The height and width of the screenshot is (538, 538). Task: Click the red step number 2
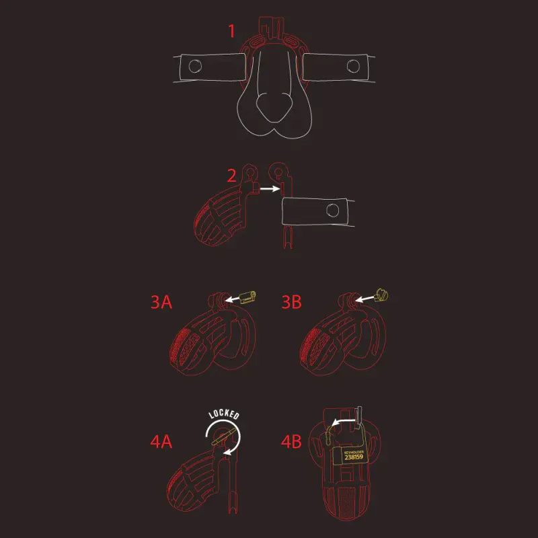[x=231, y=176]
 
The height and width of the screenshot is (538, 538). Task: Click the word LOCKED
[x=224, y=414]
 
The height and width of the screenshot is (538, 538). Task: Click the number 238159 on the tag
[x=353, y=457]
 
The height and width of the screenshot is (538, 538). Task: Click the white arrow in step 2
[x=270, y=190]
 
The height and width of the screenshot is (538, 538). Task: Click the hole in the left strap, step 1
[x=195, y=66]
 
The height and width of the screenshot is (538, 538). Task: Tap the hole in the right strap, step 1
[x=352, y=65]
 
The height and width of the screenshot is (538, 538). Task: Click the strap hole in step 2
[x=332, y=210]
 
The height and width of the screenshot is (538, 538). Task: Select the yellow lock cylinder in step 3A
[x=248, y=295]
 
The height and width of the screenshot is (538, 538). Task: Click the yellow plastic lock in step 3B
[x=382, y=294]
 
